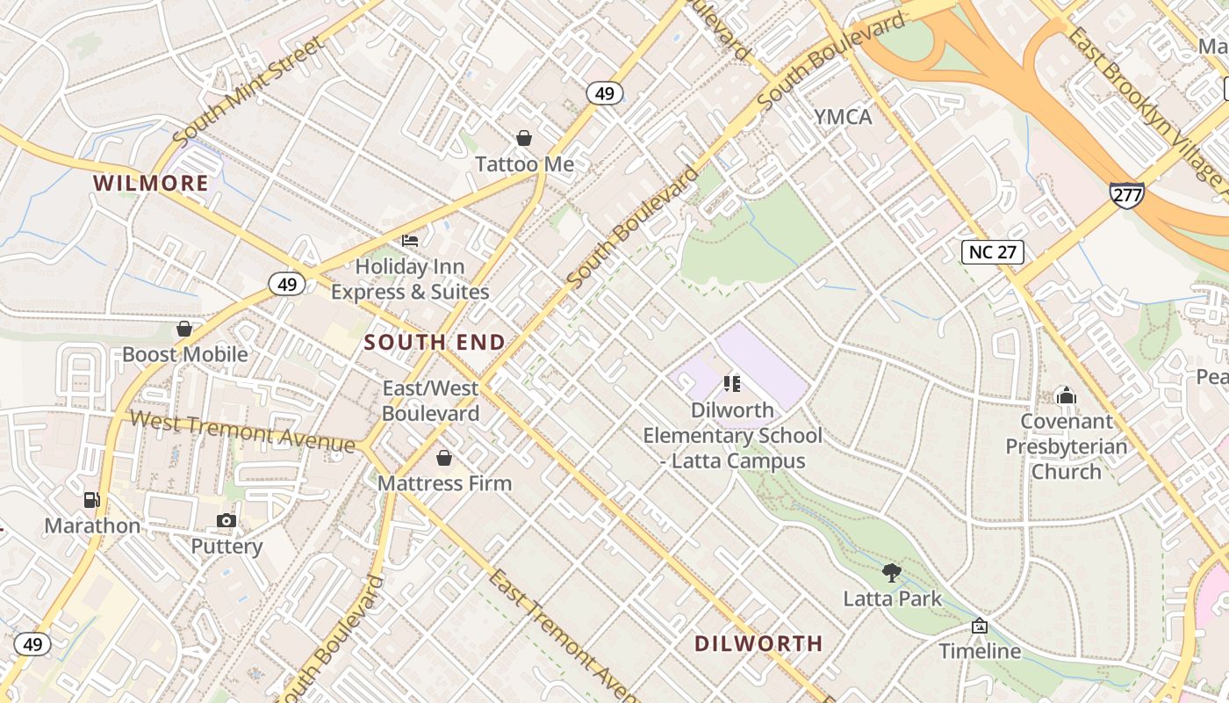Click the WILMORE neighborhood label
pos(151,184)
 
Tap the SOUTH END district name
pos(435,343)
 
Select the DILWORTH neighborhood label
pos(758,644)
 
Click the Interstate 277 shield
pos(1126,194)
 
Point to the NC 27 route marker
pos(992,252)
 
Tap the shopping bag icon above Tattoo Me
pos(524,138)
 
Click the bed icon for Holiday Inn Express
pos(410,240)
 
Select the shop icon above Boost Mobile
pos(184,329)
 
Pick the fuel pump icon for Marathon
pos(91,500)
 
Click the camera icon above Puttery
pos(226,520)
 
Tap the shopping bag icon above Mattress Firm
pos(444,458)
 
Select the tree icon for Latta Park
pos(892,573)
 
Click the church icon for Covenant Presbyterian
pos(1067,395)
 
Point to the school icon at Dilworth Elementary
pos(732,383)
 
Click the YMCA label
pos(843,117)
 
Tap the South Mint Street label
pos(248,93)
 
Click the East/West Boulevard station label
pos(430,401)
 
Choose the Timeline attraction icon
pos(980,626)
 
